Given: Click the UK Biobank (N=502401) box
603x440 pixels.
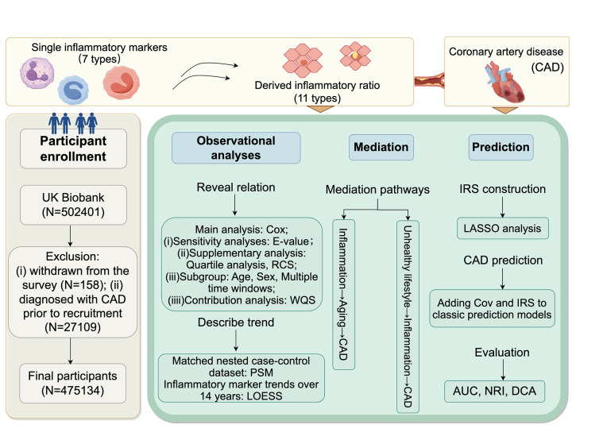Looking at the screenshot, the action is click(x=73, y=205).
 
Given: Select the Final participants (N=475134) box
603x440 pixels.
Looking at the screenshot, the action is click(x=72, y=383).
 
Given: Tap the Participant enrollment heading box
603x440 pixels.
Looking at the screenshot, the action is click(x=73, y=149).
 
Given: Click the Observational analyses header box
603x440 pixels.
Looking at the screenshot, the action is click(x=236, y=148).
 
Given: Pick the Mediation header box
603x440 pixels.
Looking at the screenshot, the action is click(x=381, y=147).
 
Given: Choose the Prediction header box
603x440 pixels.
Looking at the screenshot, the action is click(x=501, y=147).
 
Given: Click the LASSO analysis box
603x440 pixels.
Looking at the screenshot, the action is click(x=503, y=229).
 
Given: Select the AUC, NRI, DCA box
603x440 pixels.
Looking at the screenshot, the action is click(x=494, y=391).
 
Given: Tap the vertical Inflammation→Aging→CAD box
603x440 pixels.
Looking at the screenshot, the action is click(x=343, y=295).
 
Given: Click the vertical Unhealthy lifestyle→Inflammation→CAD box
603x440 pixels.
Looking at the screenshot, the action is click(x=408, y=317).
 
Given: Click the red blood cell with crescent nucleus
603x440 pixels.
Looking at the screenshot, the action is click(x=121, y=83).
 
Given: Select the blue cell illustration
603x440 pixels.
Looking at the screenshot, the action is click(x=73, y=91).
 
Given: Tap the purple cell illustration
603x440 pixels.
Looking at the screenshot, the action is click(x=37, y=73).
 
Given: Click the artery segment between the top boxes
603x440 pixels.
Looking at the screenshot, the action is click(x=429, y=81).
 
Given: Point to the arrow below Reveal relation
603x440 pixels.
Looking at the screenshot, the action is click(x=235, y=205).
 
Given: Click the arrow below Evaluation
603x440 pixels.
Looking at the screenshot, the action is click(x=503, y=370).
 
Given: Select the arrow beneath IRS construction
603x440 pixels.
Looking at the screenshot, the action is click(x=502, y=207).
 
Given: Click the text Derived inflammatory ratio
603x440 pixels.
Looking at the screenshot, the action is click(x=317, y=86).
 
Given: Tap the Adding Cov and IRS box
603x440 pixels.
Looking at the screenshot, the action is click(x=492, y=308).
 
